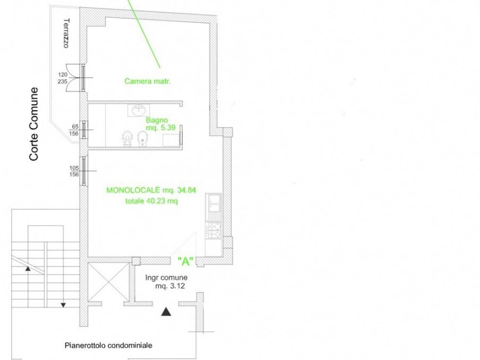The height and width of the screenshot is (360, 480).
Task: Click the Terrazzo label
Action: (x=66, y=33)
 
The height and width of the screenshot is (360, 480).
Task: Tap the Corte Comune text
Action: (x=34, y=124)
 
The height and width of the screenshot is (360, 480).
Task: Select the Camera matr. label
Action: (x=148, y=81)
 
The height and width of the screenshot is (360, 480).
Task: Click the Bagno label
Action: (x=157, y=120)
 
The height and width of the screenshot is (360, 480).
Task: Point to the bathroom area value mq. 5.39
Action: (x=160, y=127)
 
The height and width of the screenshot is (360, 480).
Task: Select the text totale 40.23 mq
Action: (x=151, y=201)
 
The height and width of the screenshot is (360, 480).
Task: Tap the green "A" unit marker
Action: (x=186, y=261)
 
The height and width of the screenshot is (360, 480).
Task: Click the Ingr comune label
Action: (x=166, y=277)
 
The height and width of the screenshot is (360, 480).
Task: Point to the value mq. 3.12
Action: (x=170, y=286)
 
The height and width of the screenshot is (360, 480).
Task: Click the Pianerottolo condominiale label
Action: (x=108, y=345)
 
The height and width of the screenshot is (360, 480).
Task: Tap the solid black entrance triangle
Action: (x=166, y=312)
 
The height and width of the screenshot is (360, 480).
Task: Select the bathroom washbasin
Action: (x=139, y=110)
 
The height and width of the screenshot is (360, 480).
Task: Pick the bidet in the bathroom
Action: (x=142, y=139)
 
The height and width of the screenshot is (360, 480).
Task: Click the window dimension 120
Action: (x=63, y=75)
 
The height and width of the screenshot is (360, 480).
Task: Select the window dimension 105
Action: (x=74, y=168)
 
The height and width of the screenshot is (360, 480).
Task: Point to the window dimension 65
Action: (x=75, y=126)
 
